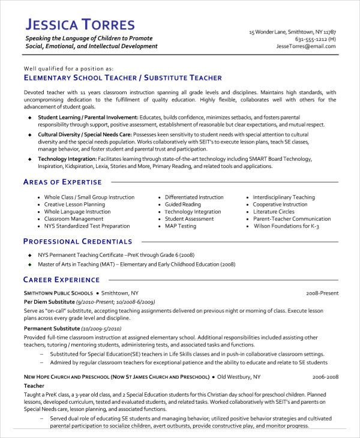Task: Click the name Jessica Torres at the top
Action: click(88, 25)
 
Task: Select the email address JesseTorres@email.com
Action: click(306, 46)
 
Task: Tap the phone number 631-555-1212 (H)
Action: click(316, 39)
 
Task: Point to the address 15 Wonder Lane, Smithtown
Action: click(292, 32)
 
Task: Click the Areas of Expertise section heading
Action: click(62, 182)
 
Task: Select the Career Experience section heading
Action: click(61, 280)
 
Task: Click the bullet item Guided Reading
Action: click(183, 205)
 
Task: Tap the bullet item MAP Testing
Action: click(181, 226)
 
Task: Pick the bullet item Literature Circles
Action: click(274, 212)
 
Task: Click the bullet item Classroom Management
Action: click(69, 219)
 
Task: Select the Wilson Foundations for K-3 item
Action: click(287, 226)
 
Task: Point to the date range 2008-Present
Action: click(322, 293)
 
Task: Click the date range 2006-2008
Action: click(325, 377)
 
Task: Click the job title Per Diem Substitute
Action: click(49, 301)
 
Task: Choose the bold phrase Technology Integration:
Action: click(65, 158)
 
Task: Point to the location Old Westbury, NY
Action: click(239, 377)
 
